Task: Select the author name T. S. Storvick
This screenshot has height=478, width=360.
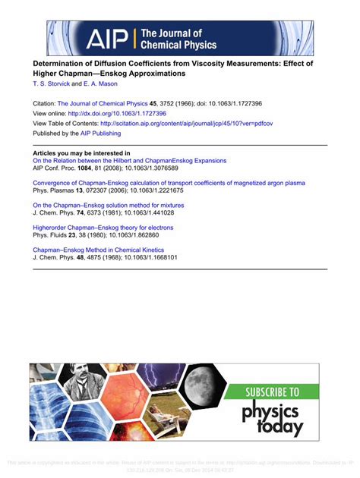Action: [50, 85]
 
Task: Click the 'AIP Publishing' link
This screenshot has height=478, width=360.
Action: [100, 134]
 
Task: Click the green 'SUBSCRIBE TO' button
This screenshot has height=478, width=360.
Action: [273, 392]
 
